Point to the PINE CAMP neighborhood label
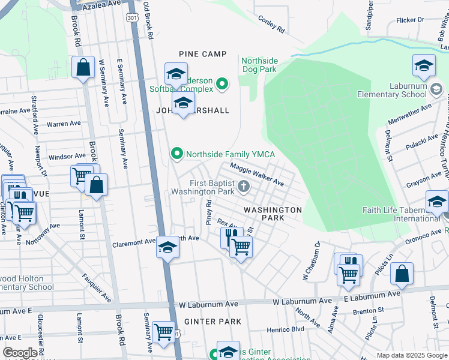pyautogui.click(x=202, y=54)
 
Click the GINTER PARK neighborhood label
pyautogui.click(x=212, y=322)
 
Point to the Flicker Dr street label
pyautogui.click(x=411, y=20)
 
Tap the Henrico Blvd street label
pyautogui.click(x=289, y=329)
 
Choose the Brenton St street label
pyautogui.click(x=369, y=311)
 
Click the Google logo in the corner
pyautogui.click(x=20, y=353)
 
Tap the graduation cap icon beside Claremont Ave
pyautogui.click(x=167, y=247)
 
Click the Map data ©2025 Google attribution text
pyautogui.click(x=412, y=355)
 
